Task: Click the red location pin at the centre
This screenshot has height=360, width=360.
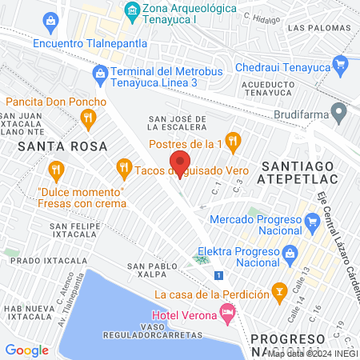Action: click(179, 162)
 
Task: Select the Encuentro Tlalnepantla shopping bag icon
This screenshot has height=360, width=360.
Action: click(51, 20)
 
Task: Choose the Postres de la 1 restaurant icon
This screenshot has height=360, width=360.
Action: click(233, 142)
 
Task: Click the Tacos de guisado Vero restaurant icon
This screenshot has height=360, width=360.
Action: click(123, 168)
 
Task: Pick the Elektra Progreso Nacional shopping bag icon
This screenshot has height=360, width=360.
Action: click(293, 256)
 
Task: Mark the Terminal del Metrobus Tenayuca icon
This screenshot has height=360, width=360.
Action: click(100, 76)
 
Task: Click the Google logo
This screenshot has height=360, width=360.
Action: click(26, 350)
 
